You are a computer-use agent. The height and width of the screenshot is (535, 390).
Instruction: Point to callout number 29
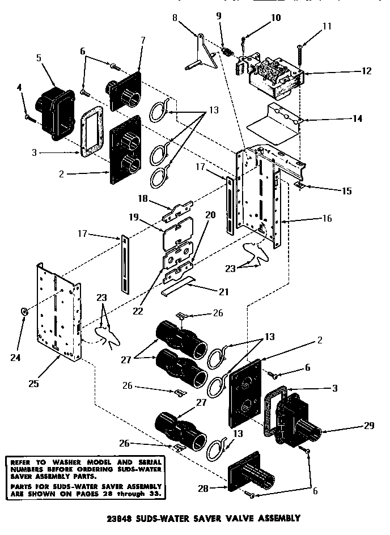pos(369,426)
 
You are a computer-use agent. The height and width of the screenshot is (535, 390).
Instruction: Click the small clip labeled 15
pos(300,185)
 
